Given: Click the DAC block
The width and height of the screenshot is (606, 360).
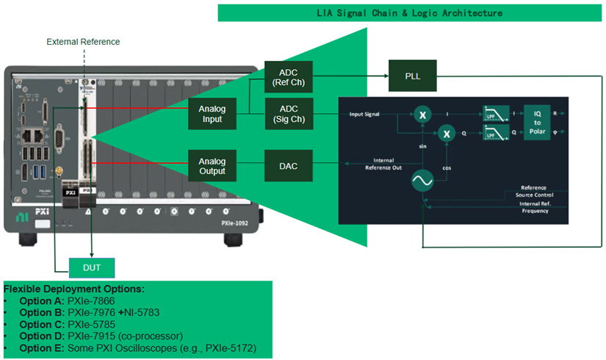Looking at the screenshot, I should tap(289, 166).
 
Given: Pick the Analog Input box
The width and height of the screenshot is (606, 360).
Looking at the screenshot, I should tap(212, 115).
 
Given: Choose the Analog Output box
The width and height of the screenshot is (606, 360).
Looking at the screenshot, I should tap(212, 166).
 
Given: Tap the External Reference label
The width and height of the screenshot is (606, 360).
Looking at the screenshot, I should tap(83, 42).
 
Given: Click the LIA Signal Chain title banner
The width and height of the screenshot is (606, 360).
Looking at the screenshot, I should tap(409, 13).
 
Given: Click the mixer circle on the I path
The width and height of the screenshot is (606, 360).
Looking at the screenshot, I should tap(422, 115).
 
